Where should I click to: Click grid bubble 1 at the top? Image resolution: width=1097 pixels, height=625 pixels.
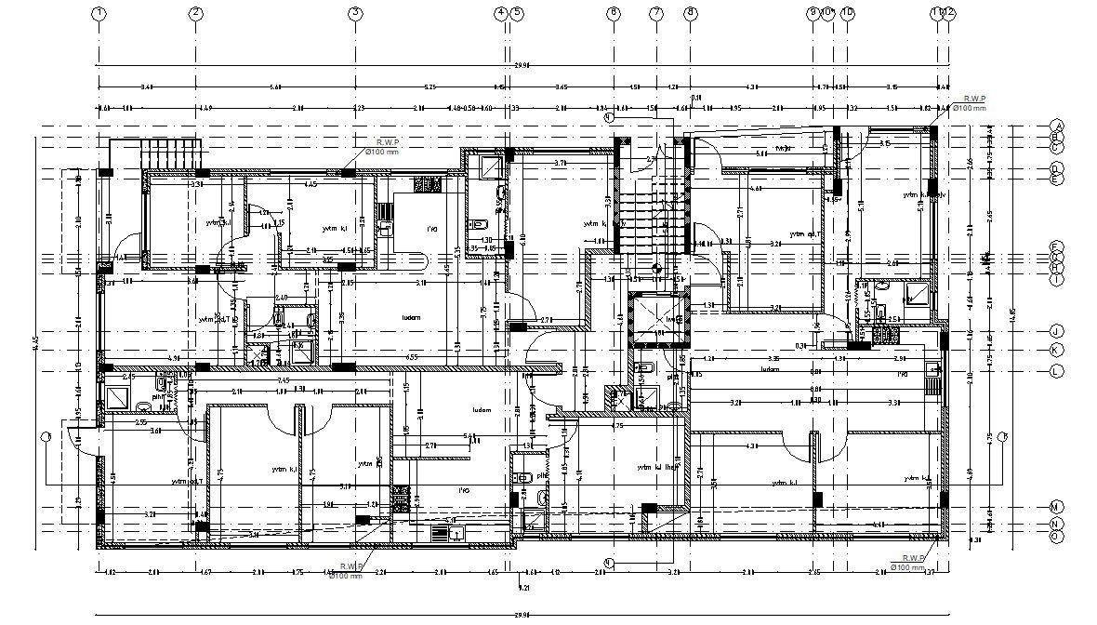pyautogui.click(x=99, y=13)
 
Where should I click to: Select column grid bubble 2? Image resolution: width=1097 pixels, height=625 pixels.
pyautogui.click(x=195, y=13)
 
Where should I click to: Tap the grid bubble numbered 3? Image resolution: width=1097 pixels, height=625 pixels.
pyautogui.click(x=355, y=13)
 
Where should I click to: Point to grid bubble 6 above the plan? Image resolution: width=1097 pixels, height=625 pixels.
pyautogui.click(x=613, y=13)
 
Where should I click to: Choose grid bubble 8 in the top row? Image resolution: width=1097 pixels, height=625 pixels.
pyautogui.click(x=690, y=13)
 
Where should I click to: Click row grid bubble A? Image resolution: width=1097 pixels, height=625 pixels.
pyautogui.click(x=1056, y=126)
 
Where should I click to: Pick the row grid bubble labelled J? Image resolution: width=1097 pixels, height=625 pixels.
pyautogui.click(x=1056, y=331)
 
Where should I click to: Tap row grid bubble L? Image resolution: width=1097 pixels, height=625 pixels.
pyautogui.click(x=1056, y=370)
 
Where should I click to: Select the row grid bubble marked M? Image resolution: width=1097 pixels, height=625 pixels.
pyautogui.click(x=1056, y=506)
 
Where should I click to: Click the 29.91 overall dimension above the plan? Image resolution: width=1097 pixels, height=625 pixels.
pyautogui.click(x=522, y=66)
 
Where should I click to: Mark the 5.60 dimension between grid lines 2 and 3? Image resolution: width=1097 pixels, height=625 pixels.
pyautogui.click(x=275, y=86)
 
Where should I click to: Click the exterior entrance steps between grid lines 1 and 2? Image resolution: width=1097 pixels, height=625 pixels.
pyautogui.click(x=171, y=153)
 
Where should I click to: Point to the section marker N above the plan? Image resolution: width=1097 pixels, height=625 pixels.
pyautogui.click(x=609, y=118)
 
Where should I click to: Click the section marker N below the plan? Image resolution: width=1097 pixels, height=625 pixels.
pyautogui.click(x=609, y=562)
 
